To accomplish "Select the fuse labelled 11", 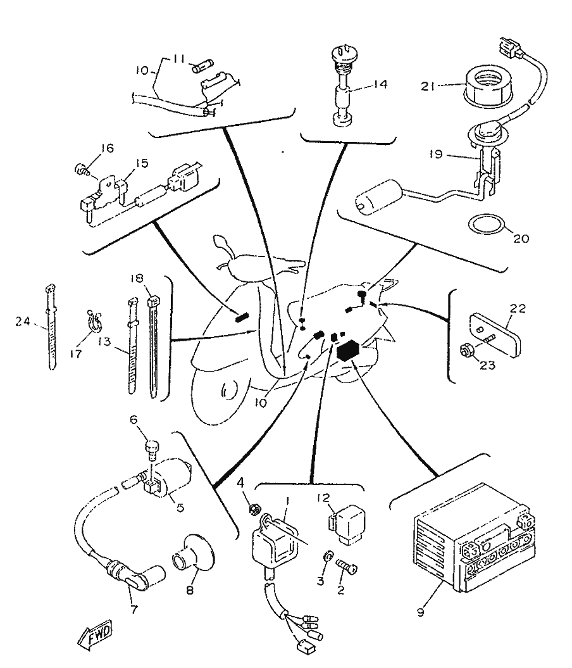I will click(x=204, y=64).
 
